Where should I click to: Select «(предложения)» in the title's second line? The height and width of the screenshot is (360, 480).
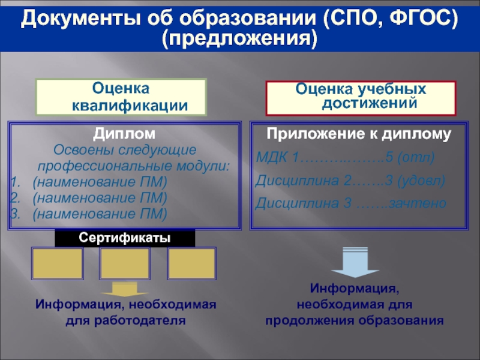point(240,40)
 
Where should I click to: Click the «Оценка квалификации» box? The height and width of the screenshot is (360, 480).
point(121,97)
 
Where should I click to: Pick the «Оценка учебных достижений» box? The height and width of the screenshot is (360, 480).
point(361,97)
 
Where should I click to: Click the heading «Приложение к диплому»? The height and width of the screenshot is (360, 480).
point(359,134)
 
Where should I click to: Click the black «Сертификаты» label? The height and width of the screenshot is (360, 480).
point(125,238)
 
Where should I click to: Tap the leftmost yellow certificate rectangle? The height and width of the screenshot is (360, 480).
point(57,263)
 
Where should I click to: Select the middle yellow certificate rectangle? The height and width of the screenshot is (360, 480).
point(125,263)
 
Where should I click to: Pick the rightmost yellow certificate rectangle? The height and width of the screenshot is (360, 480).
point(191,263)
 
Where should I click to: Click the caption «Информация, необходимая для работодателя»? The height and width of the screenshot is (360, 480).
point(125,312)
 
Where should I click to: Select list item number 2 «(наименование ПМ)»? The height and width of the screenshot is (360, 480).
point(100,197)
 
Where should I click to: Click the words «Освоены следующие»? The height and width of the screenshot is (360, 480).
point(125,149)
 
